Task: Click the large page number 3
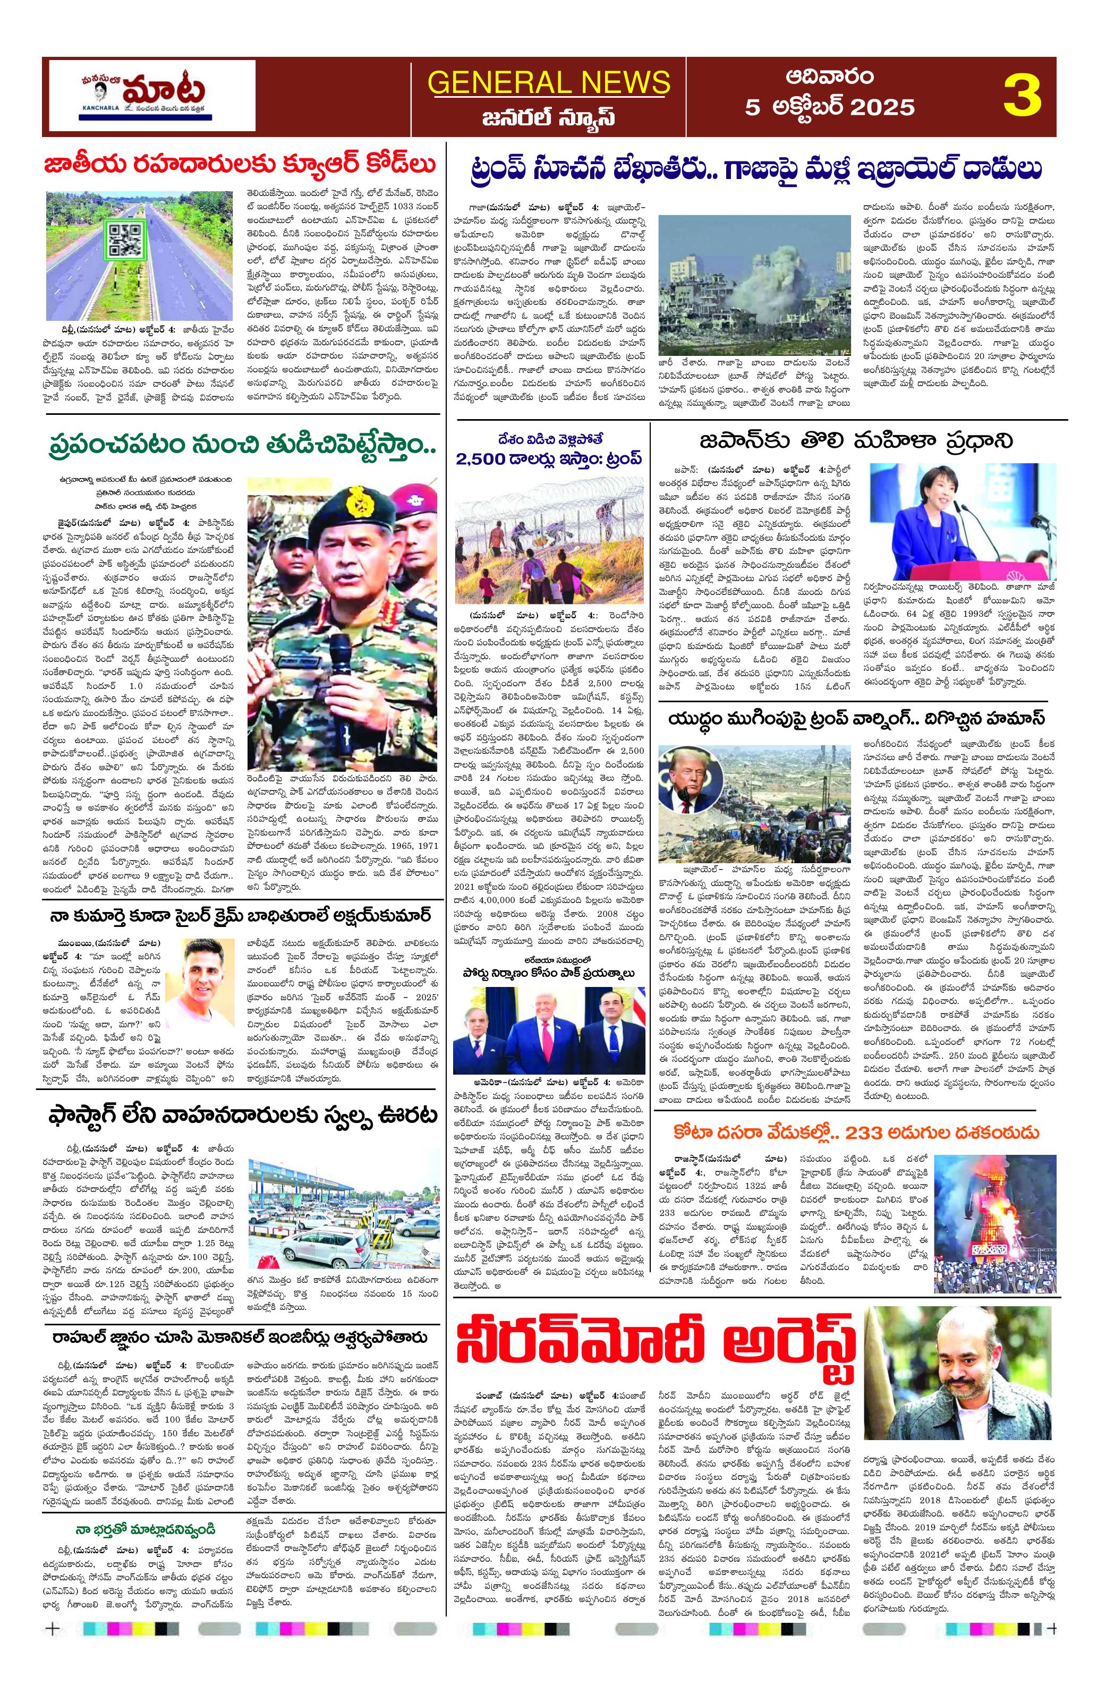(x=1022, y=96)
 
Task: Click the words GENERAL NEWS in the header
(x=549, y=82)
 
